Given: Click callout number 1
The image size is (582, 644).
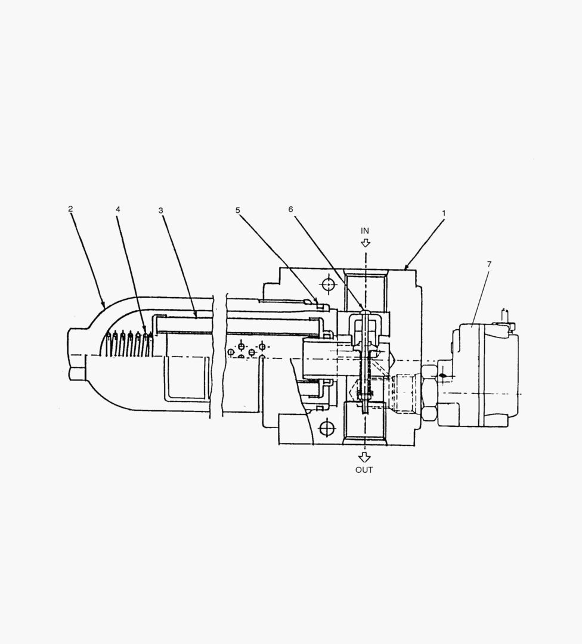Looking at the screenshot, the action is [x=444, y=213].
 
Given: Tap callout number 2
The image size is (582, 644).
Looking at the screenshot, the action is [x=70, y=209].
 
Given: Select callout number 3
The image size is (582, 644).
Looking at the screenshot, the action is [x=160, y=210].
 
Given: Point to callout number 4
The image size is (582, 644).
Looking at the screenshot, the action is [x=118, y=209].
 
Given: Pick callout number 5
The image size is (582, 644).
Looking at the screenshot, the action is [x=237, y=210].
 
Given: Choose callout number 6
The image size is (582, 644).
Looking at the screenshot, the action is [x=291, y=209].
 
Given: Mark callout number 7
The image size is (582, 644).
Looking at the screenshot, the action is [x=489, y=265].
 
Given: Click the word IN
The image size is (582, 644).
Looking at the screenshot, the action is [x=365, y=231].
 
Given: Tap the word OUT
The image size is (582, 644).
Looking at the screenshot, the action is [x=364, y=470].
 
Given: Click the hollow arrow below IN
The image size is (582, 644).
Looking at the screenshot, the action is [x=365, y=242].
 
